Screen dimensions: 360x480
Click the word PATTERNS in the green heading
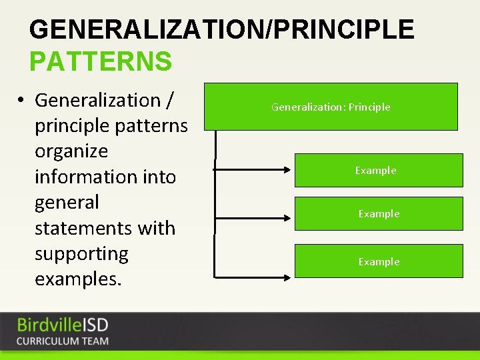pos(101,61)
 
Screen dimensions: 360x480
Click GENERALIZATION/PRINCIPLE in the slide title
pos(221,30)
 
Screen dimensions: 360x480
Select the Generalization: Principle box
pos(331,107)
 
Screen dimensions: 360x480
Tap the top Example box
pos(378,170)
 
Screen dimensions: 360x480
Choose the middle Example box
pos(378,213)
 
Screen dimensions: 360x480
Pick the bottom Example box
pos(378,261)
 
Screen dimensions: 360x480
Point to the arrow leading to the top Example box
pos(253,170)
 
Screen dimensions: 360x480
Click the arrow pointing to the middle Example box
pos(253,214)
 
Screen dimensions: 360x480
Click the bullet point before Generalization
pos(22,101)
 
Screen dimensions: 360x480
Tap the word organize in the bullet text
pos(71,151)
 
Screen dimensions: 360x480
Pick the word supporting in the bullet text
pos(81,254)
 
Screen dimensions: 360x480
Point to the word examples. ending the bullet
pos(78,279)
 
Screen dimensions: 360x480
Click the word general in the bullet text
pos(67,202)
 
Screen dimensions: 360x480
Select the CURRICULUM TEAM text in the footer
pos(63,341)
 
